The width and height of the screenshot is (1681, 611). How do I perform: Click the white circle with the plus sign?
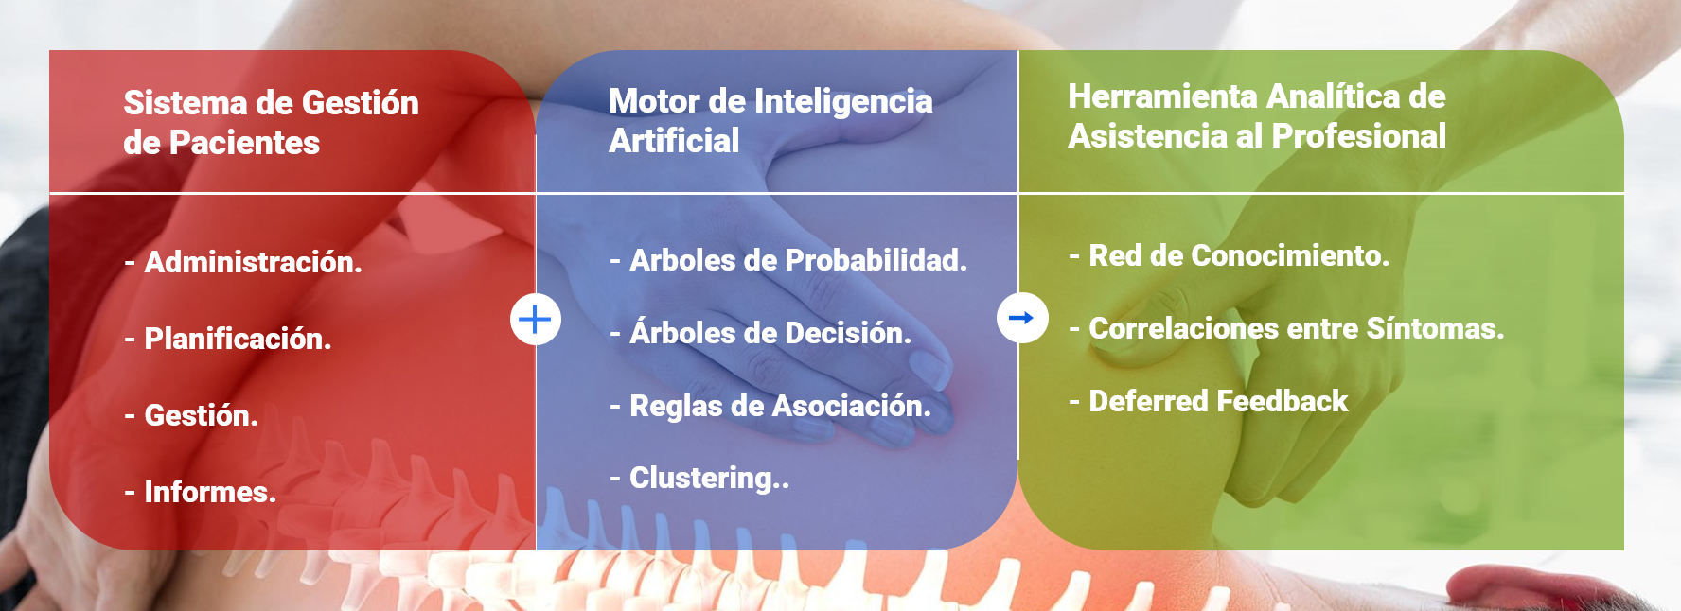click(536, 319)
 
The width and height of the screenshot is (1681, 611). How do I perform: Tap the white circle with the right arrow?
click(1022, 318)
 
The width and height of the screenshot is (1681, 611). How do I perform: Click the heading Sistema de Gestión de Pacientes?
click(272, 123)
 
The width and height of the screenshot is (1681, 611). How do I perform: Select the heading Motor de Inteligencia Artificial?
click(770, 120)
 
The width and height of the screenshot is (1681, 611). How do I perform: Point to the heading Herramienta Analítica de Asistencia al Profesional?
click(1257, 116)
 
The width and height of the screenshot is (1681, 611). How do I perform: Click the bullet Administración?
click(243, 262)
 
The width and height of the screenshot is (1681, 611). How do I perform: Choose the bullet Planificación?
click(228, 339)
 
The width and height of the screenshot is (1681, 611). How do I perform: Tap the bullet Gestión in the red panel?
click(191, 415)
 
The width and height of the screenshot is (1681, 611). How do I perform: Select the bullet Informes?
click(201, 492)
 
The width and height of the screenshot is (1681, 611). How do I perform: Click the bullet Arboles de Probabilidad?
click(788, 260)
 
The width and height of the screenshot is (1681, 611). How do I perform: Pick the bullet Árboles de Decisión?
click(761, 333)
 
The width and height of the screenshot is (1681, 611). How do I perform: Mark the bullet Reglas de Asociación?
click(770, 406)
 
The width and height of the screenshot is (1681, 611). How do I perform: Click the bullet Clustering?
click(699, 479)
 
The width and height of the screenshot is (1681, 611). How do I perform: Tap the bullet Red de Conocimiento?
click(1230, 255)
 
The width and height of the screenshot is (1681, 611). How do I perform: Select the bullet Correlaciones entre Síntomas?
click(1286, 328)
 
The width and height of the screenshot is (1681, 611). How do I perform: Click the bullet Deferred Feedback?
click(1209, 401)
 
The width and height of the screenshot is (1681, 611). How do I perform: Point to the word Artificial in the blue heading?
click(674, 141)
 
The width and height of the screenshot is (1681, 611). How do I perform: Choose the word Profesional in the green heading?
click(1359, 136)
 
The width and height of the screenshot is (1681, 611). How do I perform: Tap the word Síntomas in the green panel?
click(1435, 328)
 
